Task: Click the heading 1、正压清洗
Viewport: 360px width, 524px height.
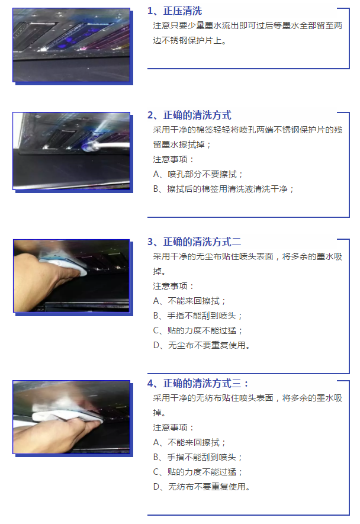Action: pyautogui.click(x=175, y=11)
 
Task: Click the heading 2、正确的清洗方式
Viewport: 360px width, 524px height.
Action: pyautogui.click(x=189, y=115)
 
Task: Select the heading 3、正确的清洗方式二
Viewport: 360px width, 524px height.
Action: pyautogui.click(x=194, y=242)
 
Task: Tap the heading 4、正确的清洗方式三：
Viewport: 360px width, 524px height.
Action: pyautogui.click(x=198, y=383)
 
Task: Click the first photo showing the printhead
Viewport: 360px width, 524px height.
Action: pyautogui.click(x=71, y=44)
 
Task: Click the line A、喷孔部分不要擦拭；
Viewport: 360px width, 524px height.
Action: pyautogui.click(x=198, y=174)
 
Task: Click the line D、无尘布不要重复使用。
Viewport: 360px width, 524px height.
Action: pyautogui.click(x=201, y=345)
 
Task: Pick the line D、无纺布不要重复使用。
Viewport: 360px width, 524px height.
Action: pyautogui.click(x=201, y=487)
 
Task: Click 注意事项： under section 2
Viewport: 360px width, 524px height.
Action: pyautogui.click(x=173, y=159)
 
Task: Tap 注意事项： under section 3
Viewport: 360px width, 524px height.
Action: pyautogui.click(x=173, y=286)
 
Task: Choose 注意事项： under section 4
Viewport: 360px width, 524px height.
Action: pyautogui.click(x=173, y=427)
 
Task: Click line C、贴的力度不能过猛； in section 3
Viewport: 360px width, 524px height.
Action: pyautogui.click(x=198, y=330)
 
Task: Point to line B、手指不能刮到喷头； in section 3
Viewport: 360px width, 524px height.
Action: pyautogui.click(x=198, y=316)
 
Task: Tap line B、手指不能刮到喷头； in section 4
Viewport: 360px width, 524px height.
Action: pyautogui.click(x=198, y=457)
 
